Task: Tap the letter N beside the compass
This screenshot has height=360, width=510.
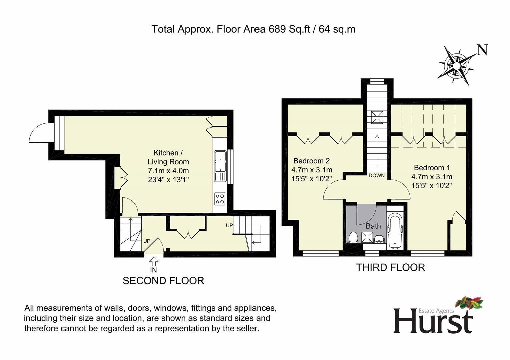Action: (x=482, y=50)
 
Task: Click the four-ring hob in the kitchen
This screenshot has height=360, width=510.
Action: (x=220, y=199)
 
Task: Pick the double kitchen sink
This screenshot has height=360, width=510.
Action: (x=220, y=161)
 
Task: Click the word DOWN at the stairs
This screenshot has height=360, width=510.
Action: (x=376, y=176)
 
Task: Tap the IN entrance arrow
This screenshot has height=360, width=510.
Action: (x=154, y=261)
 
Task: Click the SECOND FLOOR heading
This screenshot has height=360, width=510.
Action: (x=163, y=281)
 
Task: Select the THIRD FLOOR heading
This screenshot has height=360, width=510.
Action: (x=390, y=267)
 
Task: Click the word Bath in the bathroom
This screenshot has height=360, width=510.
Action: (x=373, y=226)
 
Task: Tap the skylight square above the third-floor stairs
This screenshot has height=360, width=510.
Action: (x=377, y=117)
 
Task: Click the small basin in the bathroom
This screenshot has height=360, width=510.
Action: (x=379, y=239)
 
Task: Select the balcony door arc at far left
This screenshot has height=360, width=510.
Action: (x=40, y=133)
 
